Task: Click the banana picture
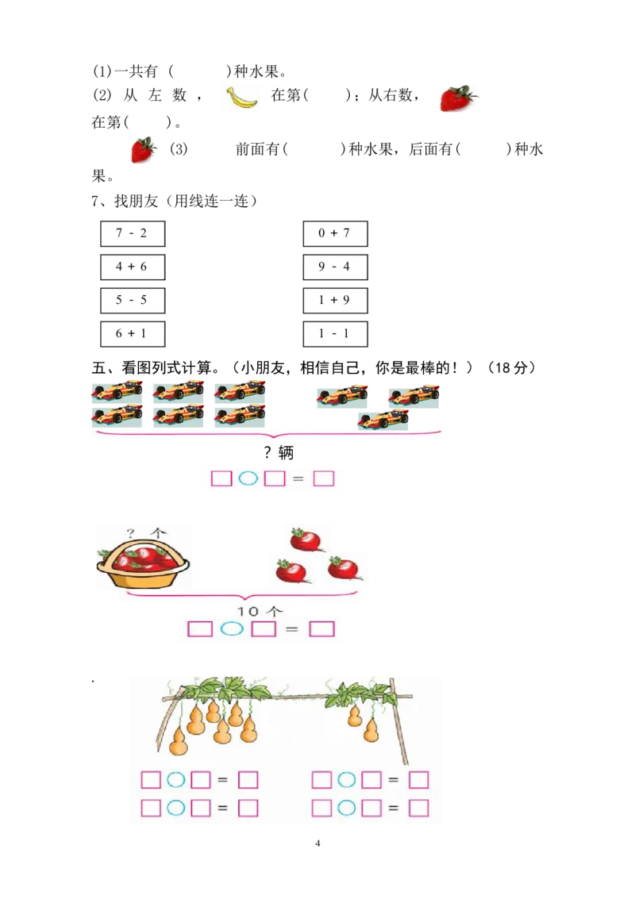click(241, 98)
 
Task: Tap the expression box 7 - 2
click(132, 233)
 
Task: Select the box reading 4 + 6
click(132, 267)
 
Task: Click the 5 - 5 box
click(132, 300)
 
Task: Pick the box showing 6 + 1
click(132, 333)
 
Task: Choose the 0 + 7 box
click(334, 233)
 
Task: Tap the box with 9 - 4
click(334, 267)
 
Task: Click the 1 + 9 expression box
click(334, 300)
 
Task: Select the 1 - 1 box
click(334, 333)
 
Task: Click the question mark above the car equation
click(267, 454)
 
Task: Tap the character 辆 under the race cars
click(286, 454)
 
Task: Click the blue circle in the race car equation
click(248, 478)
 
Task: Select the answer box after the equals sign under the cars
click(324, 478)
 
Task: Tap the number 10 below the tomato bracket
click(249, 612)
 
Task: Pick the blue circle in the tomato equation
click(232, 629)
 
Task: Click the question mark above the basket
click(131, 533)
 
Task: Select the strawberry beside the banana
click(458, 98)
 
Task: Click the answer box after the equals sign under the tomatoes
click(321, 629)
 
